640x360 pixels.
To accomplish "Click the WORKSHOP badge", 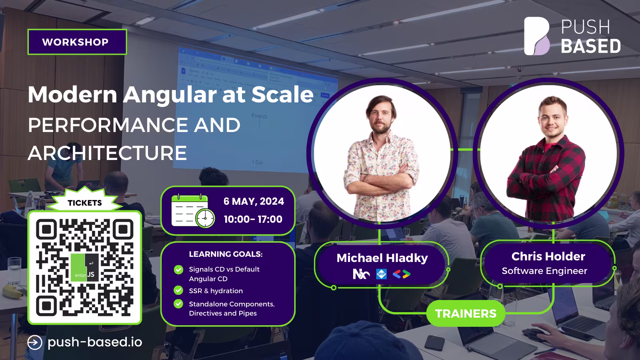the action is pyautogui.click(x=77, y=42).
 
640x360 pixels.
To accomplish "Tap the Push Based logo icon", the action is pyautogui.click(x=537, y=36).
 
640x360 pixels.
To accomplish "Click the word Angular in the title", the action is pyautogui.click(x=170, y=94).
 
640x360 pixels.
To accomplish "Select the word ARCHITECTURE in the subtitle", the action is pyautogui.click(x=108, y=153).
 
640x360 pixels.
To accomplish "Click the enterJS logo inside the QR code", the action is pyautogui.click(x=84, y=268).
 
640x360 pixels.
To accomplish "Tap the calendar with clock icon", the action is pyautogui.click(x=193, y=211).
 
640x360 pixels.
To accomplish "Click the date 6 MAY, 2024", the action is pyautogui.click(x=254, y=201).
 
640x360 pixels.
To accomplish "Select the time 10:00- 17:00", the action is pyautogui.click(x=253, y=219).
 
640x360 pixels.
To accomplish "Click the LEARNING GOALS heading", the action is pyautogui.click(x=226, y=254).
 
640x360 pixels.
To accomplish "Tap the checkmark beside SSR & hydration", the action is pyautogui.click(x=178, y=290).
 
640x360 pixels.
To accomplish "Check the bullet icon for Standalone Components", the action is pyautogui.click(x=178, y=304).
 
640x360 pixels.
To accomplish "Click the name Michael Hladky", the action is pyautogui.click(x=382, y=258).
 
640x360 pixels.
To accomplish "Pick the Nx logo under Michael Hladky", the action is pyautogui.click(x=361, y=274).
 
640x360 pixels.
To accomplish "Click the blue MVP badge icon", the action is pyautogui.click(x=382, y=274).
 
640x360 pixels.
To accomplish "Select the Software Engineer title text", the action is pyautogui.click(x=544, y=270).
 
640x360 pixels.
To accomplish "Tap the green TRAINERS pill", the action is pyautogui.click(x=466, y=314).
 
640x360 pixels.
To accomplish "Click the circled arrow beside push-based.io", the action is pyautogui.click(x=35, y=342).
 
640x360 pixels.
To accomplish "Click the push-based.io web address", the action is pyautogui.click(x=95, y=342).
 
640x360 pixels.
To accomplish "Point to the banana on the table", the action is pyautogui.click(x=13, y=292).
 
